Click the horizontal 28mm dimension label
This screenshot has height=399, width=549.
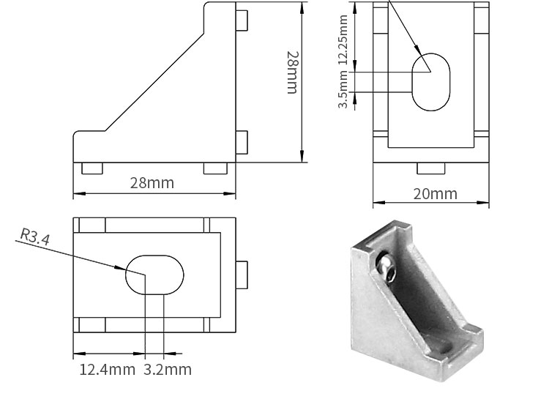pos(152,183)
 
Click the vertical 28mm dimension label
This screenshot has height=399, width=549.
pos(292,72)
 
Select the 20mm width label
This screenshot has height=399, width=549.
pos(436,194)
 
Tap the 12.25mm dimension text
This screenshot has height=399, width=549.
pos(343,40)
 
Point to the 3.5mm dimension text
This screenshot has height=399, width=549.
pos(343,89)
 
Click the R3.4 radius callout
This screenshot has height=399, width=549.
pos(34,236)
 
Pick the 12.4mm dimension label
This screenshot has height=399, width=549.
pos(107,370)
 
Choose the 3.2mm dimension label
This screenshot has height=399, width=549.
pos(168,370)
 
